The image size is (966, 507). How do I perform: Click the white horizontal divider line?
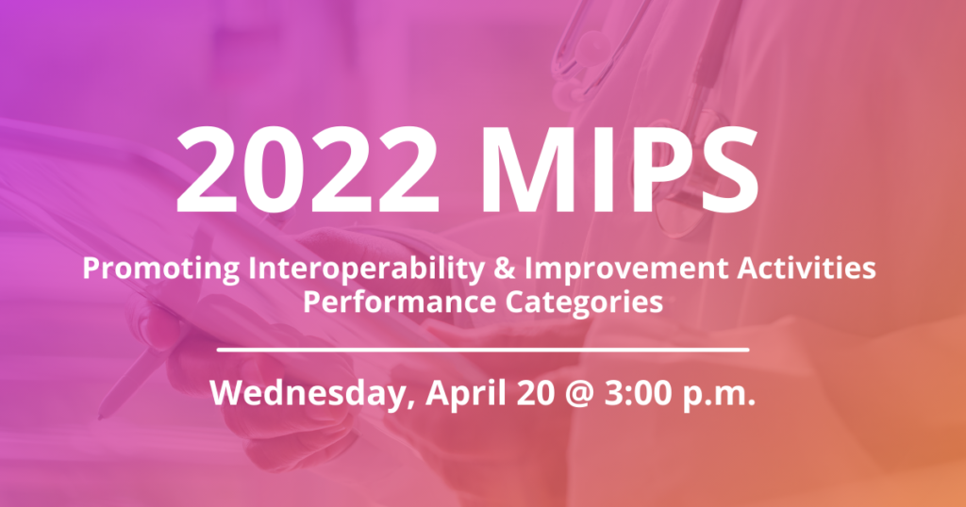tap(483, 349)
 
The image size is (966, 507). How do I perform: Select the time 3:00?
tap(633, 393)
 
